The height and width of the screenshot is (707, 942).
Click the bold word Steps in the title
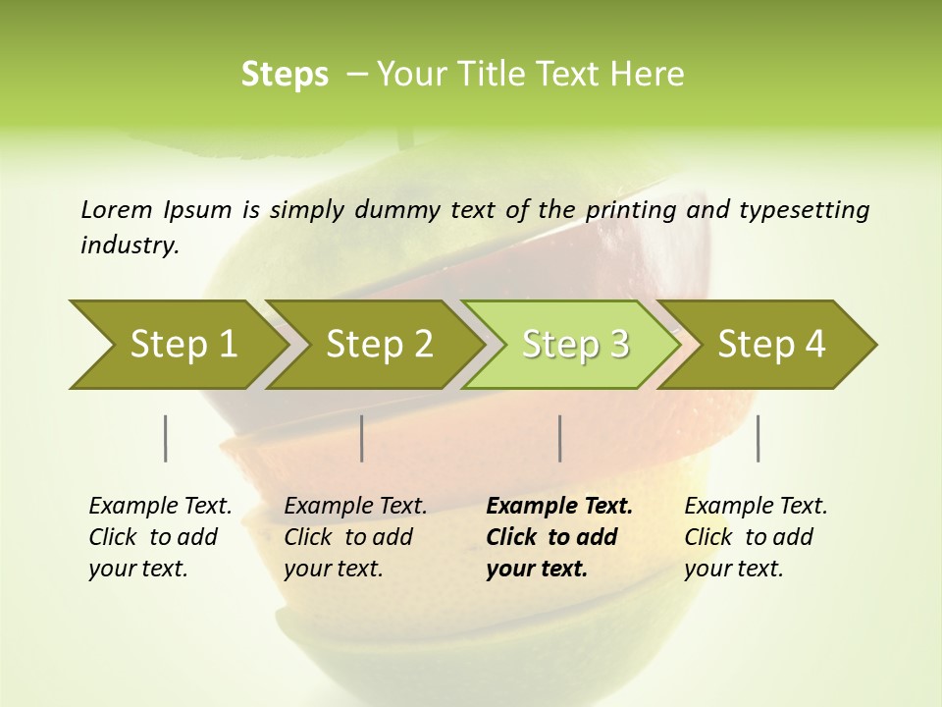point(285,75)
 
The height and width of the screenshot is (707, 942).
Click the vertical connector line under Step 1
point(165,438)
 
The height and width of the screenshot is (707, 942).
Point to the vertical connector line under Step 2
point(362,438)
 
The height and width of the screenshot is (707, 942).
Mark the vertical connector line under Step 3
point(559,438)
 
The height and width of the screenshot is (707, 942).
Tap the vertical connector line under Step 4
point(758,438)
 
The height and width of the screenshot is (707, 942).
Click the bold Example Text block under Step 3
point(559,537)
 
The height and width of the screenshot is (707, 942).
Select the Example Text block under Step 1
point(160,537)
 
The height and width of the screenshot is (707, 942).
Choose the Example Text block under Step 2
point(355,537)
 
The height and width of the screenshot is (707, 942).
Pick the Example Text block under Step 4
point(756,537)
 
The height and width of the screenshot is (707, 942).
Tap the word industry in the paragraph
point(129,245)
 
